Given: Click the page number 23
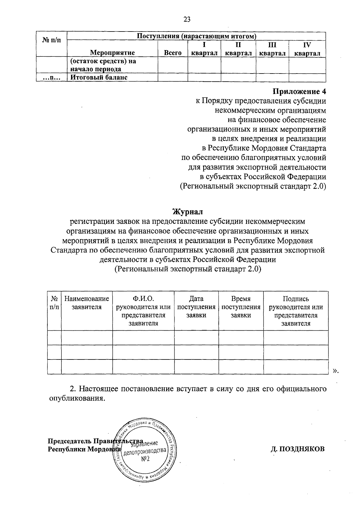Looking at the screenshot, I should click(187, 20).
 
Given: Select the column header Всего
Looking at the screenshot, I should click(173, 53).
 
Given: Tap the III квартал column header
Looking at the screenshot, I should click(272, 49).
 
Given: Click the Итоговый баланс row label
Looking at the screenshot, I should click(99, 77).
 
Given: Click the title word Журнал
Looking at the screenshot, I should click(188, 212).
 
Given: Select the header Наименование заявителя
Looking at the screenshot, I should click(87, 303).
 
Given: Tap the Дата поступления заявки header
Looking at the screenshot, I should click(196, 307).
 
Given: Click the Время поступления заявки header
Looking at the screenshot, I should click(241, 307).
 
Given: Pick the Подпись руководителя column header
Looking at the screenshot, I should click(296, 311).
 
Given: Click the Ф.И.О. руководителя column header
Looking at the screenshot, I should click(143, 311).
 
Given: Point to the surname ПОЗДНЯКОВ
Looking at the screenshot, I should click(297, 449).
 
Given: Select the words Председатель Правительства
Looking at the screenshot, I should click(95, 441).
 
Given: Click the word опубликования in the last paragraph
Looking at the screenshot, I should click(77, 399).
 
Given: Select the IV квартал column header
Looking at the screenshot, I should click(307, 49).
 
